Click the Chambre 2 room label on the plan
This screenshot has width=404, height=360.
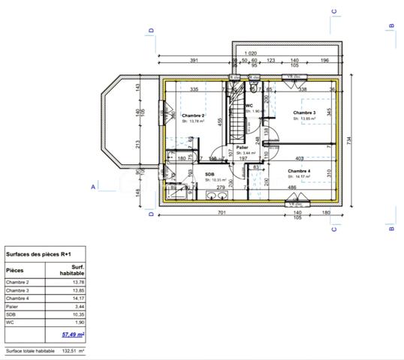[193, 115]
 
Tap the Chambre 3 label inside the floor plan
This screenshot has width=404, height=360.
[303, 113]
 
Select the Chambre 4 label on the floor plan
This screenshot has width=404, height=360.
[299, 171]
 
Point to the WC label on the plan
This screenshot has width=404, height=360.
[249, 106]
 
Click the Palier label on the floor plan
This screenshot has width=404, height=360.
[242, 148]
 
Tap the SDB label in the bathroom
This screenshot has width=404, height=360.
[210, 174]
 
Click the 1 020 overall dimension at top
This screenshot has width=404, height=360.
[250, 53]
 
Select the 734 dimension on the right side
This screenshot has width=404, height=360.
[349, 139]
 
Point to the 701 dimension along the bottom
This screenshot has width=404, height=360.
[221, 213]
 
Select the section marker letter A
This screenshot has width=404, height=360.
[94, 185]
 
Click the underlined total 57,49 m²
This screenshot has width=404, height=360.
[73, 335]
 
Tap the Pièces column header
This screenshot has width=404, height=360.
[15, 270]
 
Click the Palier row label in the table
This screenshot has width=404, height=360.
[12, 306]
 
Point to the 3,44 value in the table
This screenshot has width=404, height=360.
[78, 306]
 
